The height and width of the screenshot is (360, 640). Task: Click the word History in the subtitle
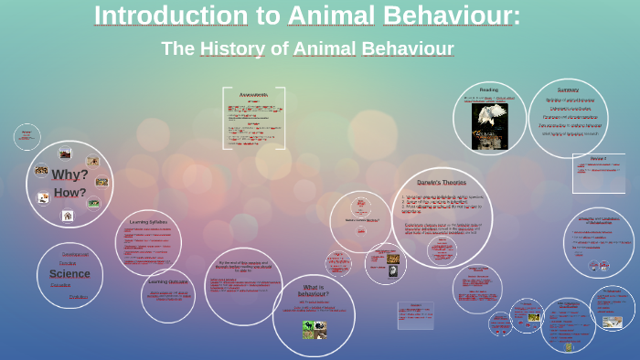[232, 48]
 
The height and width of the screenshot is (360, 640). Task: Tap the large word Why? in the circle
[69, 175]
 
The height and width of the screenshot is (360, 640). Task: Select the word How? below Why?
[69, 193]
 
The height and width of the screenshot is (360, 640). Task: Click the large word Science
[69, 273]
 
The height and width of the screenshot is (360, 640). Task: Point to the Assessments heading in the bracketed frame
[253, 95]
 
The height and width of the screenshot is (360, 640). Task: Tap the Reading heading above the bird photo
[489, 90]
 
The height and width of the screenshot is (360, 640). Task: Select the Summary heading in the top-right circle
[568, 90]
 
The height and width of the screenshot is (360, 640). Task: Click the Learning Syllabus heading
[148, 221]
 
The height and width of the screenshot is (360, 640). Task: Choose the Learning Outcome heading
[168, 281]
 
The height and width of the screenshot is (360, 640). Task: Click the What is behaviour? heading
[314, 291]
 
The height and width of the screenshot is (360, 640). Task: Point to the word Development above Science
[75, 254]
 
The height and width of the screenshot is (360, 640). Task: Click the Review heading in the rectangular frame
[598, 159]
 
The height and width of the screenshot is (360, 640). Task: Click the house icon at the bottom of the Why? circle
[68, 216]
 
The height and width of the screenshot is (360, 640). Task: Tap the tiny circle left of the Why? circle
[27, 137]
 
